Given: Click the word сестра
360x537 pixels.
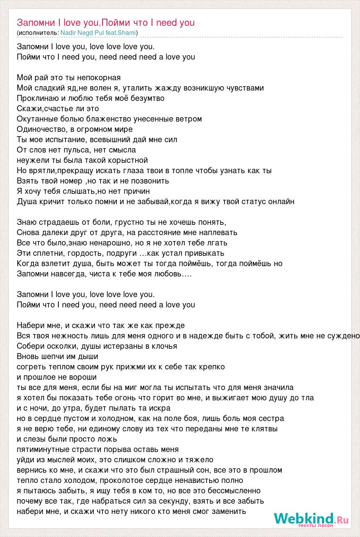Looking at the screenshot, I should point(271,419).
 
